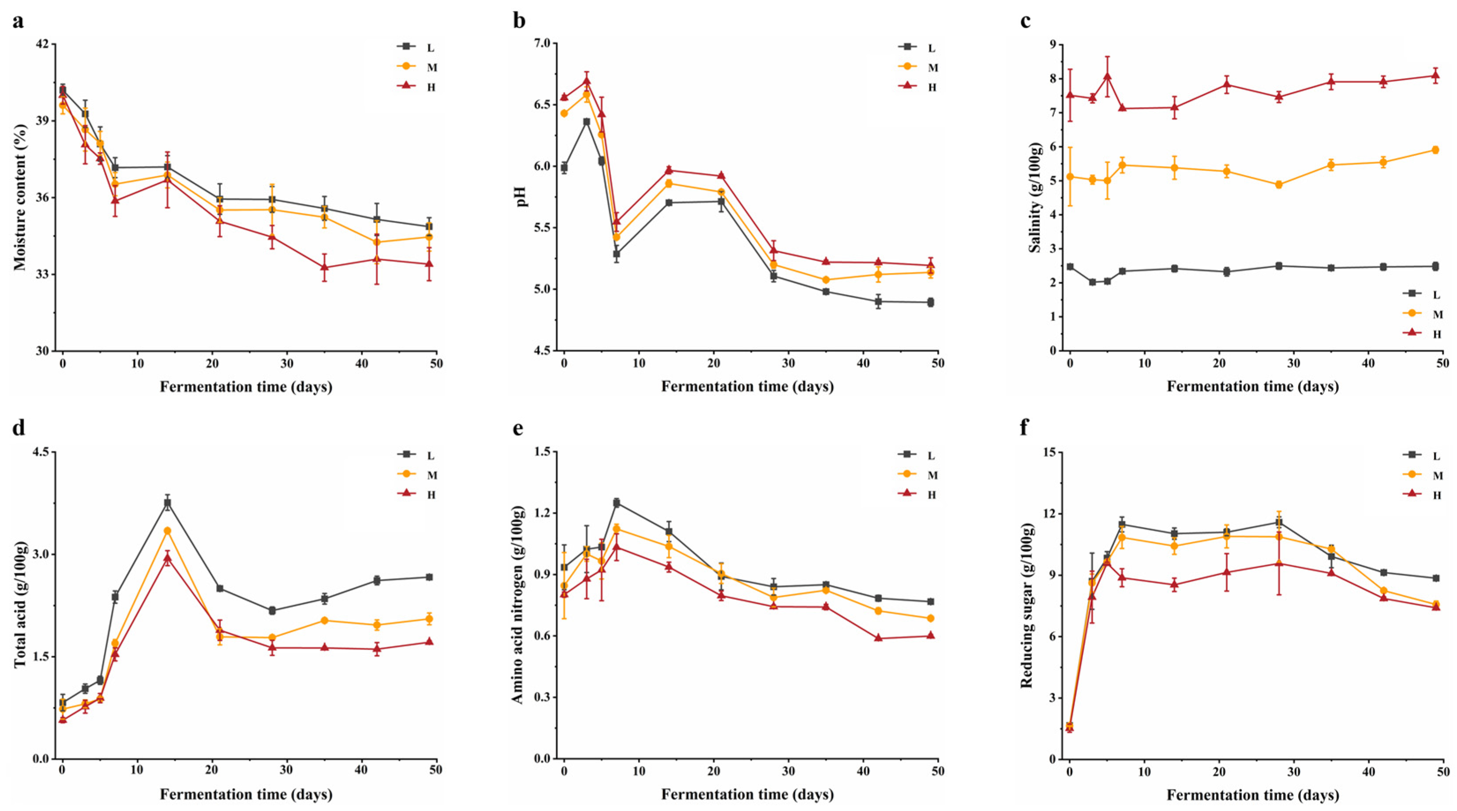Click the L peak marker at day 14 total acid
(x=168, y=503)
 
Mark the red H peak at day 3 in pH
(x=587, y=81)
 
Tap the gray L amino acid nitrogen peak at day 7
(x=617, y=502)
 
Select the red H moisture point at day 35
(x=325, y=267)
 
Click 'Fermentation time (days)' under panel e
(x=747, y=794)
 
